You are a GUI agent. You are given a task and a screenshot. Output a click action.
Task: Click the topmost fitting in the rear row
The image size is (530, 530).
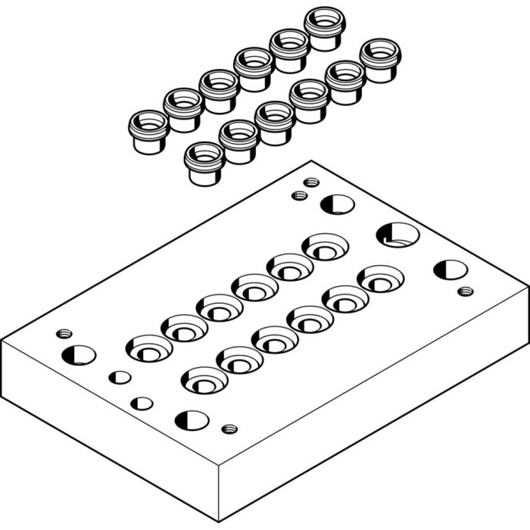pyautogui.click(x=326, y=29)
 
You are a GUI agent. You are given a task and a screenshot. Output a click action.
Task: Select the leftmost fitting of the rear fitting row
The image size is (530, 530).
pyautogui.click(x=148, y=130)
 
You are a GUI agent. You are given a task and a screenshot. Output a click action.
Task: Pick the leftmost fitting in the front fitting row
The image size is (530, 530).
pyautogui.click(x=205, y=163)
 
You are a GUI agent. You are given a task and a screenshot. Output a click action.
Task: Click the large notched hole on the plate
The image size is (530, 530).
pyautogui.click(x=397, y=234)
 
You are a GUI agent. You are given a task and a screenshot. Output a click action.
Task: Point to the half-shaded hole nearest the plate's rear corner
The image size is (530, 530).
pyautogui.click(x=337, y=204)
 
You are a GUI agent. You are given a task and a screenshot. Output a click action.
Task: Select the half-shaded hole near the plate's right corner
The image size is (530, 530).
pyautogui.click(x=450, y=270)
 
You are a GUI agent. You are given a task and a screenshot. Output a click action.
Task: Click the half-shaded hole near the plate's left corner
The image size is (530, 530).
pyautogui.click(x=79, y=354)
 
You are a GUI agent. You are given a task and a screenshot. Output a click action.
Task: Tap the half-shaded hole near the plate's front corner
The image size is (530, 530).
pyautogui.click(x=192, y=420)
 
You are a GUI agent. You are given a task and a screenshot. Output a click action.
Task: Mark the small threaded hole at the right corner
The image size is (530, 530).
pyautogui.click(x=466, y=291)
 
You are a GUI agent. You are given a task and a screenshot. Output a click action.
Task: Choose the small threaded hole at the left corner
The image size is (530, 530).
pyautogui.click(x=64, y=333)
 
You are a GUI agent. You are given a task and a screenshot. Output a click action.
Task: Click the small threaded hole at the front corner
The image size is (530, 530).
pyautogui.click(x=229, y=429)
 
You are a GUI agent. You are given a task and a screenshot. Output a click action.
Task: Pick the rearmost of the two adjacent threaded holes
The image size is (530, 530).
pyautogui.click(x=310, y=182)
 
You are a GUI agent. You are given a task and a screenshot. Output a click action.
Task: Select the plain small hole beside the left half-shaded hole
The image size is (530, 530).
pyautogui.click(x=119, y=377)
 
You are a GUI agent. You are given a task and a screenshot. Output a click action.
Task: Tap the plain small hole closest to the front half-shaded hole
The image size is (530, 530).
pyautogui.click(x=142, y=404)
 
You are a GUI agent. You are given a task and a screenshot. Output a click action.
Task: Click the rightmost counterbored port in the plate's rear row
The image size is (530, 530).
pyautogui.click(x=326, y=247)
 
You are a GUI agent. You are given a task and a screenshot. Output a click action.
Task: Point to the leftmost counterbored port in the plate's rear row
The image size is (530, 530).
pyautogui.click(x=148, y=348)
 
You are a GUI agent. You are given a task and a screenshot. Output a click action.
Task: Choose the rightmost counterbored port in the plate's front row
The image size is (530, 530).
pyautogui.click(x=380, y=279)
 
